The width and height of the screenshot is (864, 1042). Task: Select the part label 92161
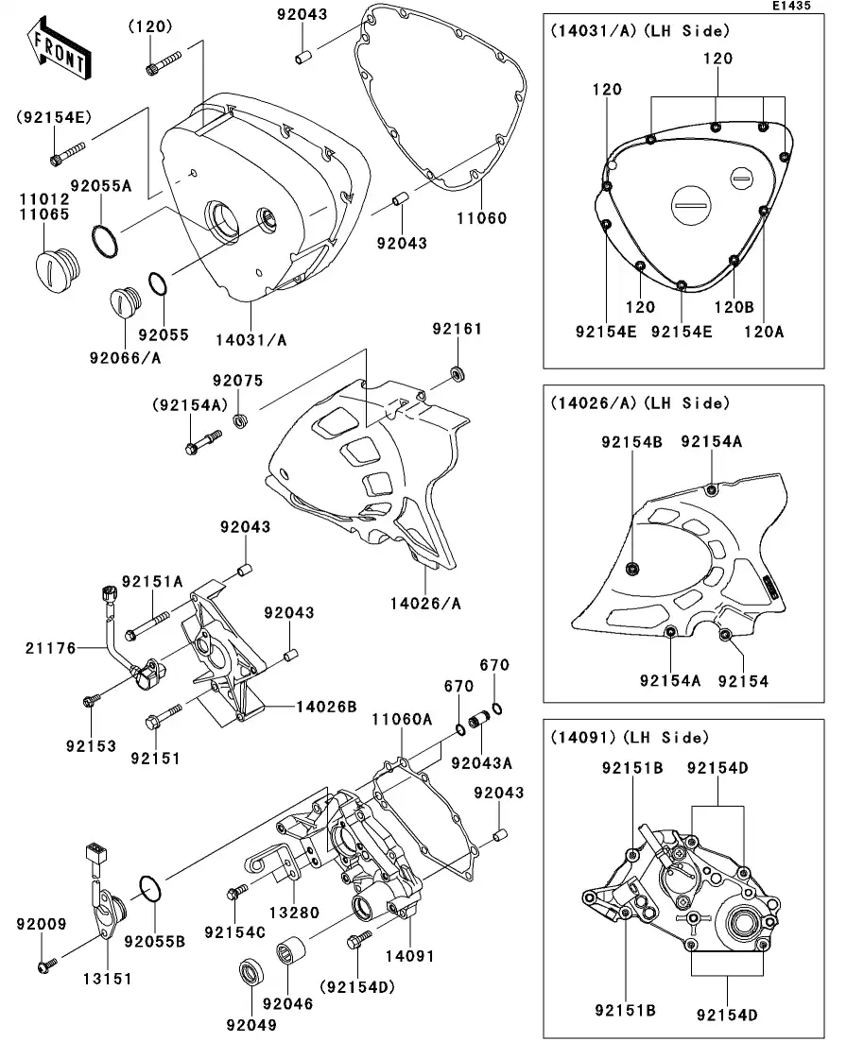[x=458, y=329]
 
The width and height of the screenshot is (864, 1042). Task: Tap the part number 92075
[x=237, y=381]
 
